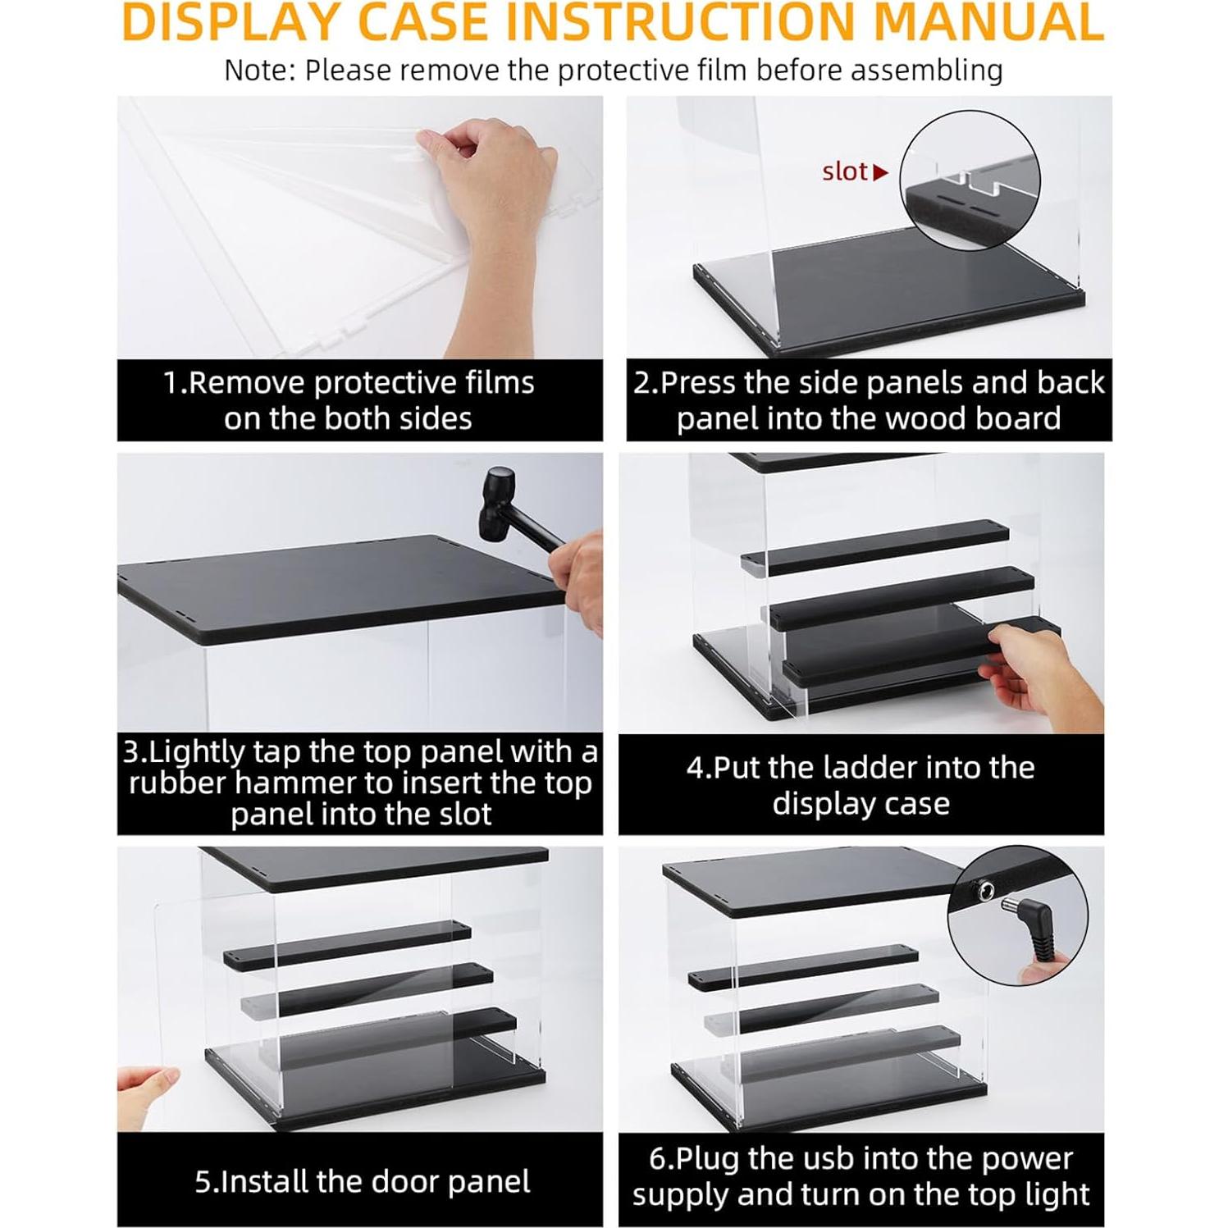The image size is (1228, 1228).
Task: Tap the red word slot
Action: click(x=845, y=171)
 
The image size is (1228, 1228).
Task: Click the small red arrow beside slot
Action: click(x=882, y=172)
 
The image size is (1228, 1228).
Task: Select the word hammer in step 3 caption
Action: click(x=298, y=783)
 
